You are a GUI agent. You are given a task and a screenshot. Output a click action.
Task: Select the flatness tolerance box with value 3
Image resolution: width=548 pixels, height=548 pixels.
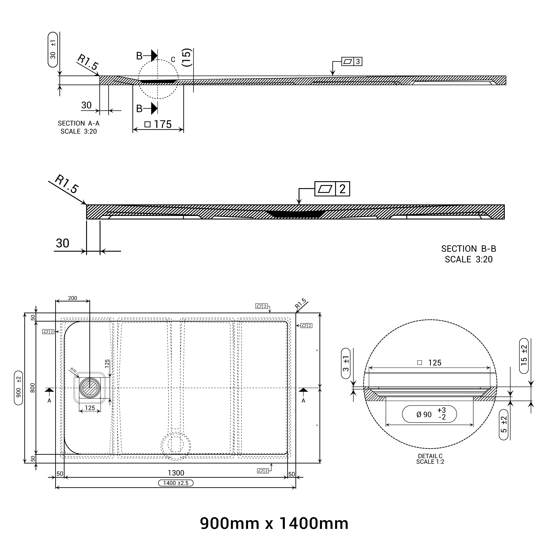click(352, 62)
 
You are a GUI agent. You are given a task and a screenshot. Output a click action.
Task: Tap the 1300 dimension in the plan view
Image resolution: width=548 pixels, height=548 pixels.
click(176, 473)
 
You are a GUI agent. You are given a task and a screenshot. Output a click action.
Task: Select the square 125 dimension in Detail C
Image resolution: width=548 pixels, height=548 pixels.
click(429, 363)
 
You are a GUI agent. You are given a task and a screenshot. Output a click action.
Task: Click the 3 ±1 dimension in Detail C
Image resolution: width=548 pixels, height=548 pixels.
click(346, 364)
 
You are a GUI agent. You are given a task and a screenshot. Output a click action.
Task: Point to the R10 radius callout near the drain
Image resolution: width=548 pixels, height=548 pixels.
click(73, 370)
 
